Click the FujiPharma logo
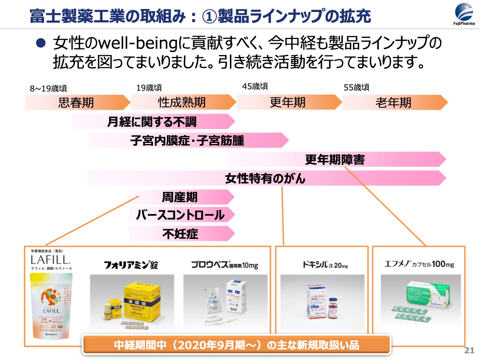point(464,14)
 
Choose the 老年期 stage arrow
point(394,102)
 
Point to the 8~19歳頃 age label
point(48,88)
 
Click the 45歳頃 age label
point(255,87)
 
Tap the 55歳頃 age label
point(357,88)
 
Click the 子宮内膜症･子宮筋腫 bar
point(188,140)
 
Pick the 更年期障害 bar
point(335,159)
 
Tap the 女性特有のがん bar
point(265,178)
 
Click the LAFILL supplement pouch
point(51,306)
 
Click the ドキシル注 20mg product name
point(325,265)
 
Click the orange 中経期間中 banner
point(237,345)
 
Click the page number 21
point(469,350)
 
